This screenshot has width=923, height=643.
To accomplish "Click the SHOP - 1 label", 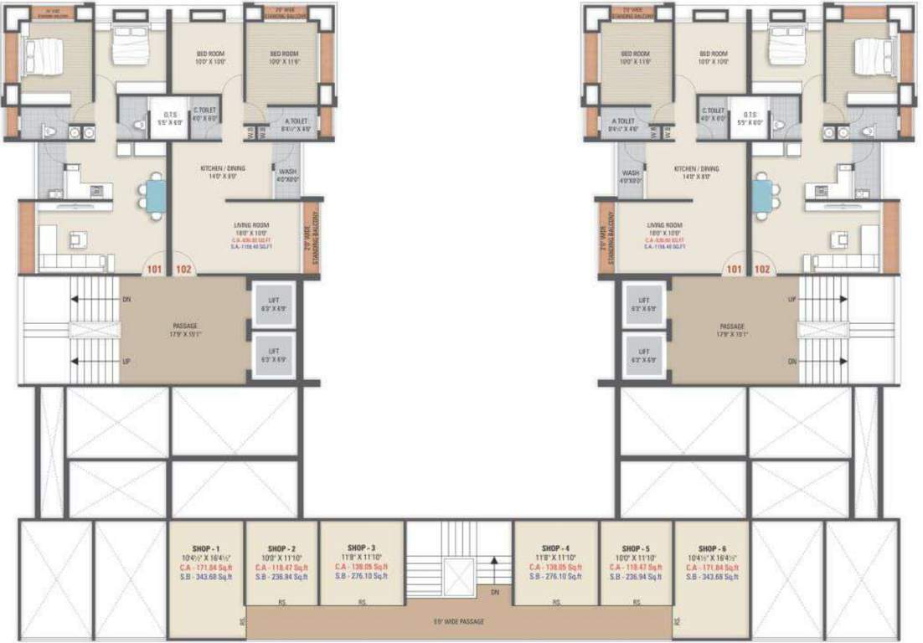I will coord(206,549).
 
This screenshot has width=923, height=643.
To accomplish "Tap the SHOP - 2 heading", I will coord(281,549).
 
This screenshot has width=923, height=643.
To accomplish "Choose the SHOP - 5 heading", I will coord(637,549).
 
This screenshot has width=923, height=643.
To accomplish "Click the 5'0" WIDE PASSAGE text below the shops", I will coord(459,621).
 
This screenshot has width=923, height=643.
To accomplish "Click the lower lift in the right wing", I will coord(644,355).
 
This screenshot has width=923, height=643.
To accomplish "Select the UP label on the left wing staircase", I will coord(126,362).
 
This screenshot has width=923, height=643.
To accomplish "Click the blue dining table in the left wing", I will coord(155,196).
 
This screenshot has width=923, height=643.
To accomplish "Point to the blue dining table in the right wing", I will coord(762,196).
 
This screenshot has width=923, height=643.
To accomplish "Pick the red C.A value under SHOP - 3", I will coord(362,567).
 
